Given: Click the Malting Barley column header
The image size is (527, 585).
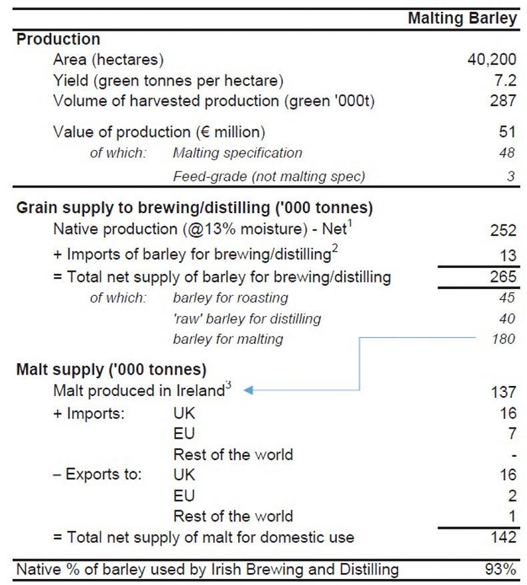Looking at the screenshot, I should [462, 18].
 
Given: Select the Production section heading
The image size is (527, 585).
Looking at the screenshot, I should [58, 39].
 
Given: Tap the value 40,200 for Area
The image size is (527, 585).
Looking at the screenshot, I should [492, 60].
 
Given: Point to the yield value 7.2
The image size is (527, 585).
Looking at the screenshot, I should [504, 81].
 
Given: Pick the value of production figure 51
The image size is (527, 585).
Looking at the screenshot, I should [507, 132].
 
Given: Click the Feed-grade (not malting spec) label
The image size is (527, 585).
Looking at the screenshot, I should [269, 176].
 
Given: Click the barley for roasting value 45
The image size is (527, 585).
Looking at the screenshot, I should [506, 297].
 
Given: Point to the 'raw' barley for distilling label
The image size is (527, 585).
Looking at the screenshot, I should [247, 319].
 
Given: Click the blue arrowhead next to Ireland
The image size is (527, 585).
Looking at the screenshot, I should [247, 390].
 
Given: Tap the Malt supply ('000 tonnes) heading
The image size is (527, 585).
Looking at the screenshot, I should [111, 369].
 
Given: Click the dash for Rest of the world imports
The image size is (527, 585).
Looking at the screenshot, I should [512, 455].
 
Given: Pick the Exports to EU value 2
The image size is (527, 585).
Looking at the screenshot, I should [511, 496].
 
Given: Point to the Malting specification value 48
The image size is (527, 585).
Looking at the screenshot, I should [506, 153].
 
